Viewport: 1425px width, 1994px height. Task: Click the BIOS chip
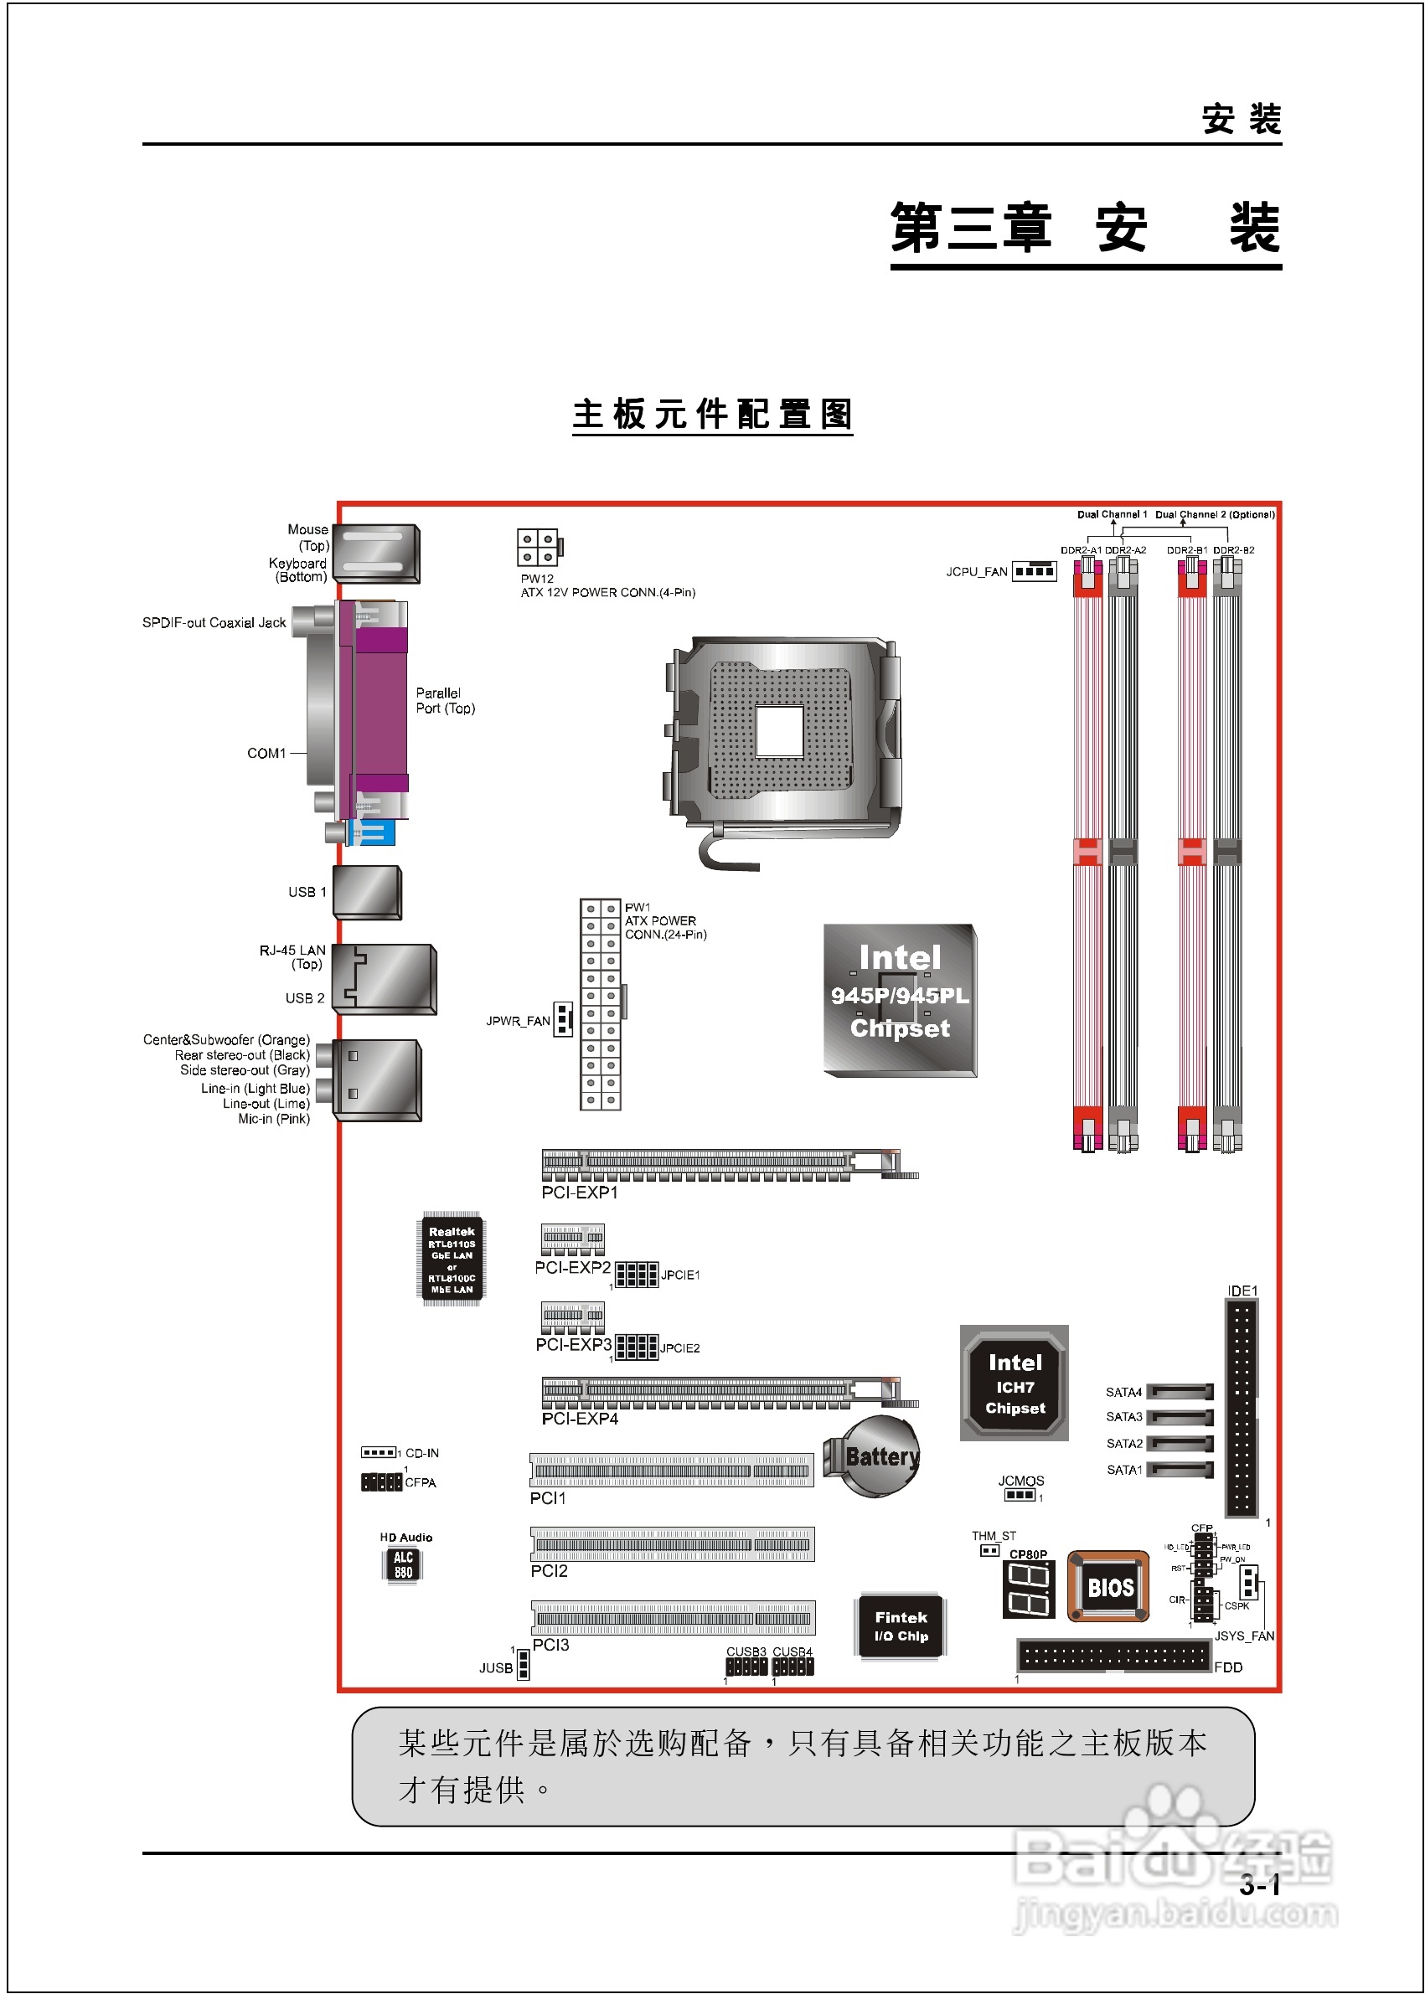(1108, 1586)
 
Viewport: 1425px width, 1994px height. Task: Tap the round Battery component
(873, 1457)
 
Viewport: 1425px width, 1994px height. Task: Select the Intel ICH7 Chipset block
(1015, 1383)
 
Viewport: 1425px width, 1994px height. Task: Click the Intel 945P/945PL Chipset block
(900, 999)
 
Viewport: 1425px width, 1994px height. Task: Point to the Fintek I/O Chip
(901, 1626)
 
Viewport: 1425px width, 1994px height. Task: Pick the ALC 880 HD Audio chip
(403, 1564)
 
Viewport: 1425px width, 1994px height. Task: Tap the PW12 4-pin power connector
(538, 548)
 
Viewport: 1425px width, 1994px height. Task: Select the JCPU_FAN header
(1034, 571)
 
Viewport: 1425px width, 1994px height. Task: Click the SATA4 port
(1180, 1391)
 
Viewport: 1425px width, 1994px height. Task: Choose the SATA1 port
(1180, 1470)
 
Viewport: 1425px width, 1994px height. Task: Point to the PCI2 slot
(672, 1544)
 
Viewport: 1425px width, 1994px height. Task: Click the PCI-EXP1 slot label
(579, 1193)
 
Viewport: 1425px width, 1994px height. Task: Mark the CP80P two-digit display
(1028, 1590)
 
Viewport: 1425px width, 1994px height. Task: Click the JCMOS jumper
(1020, 1495)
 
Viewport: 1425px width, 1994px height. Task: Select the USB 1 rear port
(368, 892)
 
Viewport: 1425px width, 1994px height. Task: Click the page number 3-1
(1259, 1884)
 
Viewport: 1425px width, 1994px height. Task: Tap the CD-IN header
(379, 1453)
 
